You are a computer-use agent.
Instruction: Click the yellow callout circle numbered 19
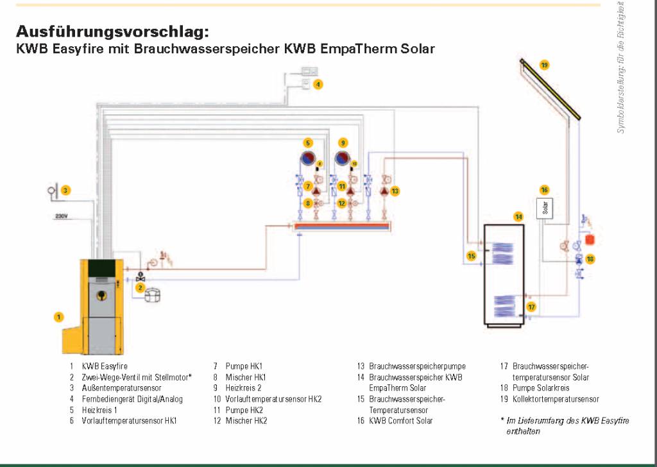pyautogui.click(x=544, y=65)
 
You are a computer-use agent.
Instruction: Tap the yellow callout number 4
pyautogui.click(x=318, y=84)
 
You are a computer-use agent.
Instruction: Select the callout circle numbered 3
pyautogui.click(x=65, y=190)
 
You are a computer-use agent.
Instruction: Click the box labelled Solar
pyautogui.click(x=545, y=208)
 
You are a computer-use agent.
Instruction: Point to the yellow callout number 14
pyautogui.click(x=518, y=217)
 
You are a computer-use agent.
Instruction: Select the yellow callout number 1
pyautogui.click(x=59, y=316)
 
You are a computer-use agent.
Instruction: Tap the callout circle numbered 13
pyautogui.click(x=395, y=191)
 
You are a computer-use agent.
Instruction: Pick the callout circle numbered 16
pyautogui.click(x=544, y=190)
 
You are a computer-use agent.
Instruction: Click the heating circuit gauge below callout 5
pyautogui.click(x=309, y=159)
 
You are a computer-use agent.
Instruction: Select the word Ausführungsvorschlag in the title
pyautogui.click(x=112, y=31)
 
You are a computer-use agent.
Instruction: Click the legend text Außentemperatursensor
pyautogui.click(x=121, y=388)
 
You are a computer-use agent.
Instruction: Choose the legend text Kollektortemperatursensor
pyautogui.click(x=556, y=399)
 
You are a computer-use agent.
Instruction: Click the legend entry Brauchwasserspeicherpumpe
pyautogui.click(x=417, y=366)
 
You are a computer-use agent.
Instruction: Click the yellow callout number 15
pyautogui.click(x=472, y=256)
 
